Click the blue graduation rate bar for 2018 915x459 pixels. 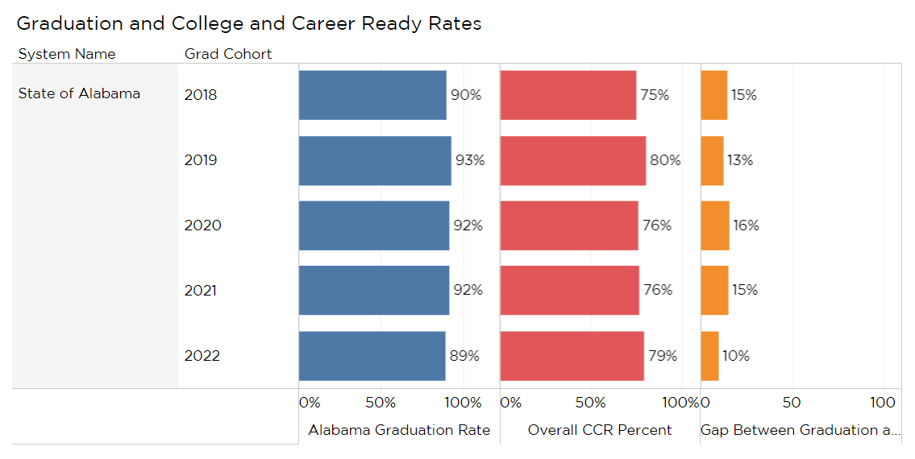(x=372, y=95)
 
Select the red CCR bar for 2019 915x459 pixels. (x=572, y=160)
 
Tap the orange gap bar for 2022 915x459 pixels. (x=709, y=356)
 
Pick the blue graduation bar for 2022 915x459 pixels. (x=372, y=356)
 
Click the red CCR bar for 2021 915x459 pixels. (x=569, y=291)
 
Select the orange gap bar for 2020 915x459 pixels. (x=714, y=225)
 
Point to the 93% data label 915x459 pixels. (x=470, y=160)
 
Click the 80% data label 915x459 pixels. (x=665, y=160)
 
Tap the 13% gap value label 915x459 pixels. (x=739, y=160)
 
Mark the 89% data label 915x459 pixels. (x=464, y=356)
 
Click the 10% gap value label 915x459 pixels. (x=735, y=356)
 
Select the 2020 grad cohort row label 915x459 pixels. (x=202, y=225)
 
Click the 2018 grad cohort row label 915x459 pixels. (x=201, y=95)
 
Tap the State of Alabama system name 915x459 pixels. (x=79, y=93)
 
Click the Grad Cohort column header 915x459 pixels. (x=228, y=55)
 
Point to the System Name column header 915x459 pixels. (x=67, y=55)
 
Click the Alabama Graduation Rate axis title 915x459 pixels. (x=399, y=430)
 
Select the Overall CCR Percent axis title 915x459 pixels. (x=600, y=430)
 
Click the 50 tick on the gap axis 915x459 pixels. (x=792, y=403)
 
